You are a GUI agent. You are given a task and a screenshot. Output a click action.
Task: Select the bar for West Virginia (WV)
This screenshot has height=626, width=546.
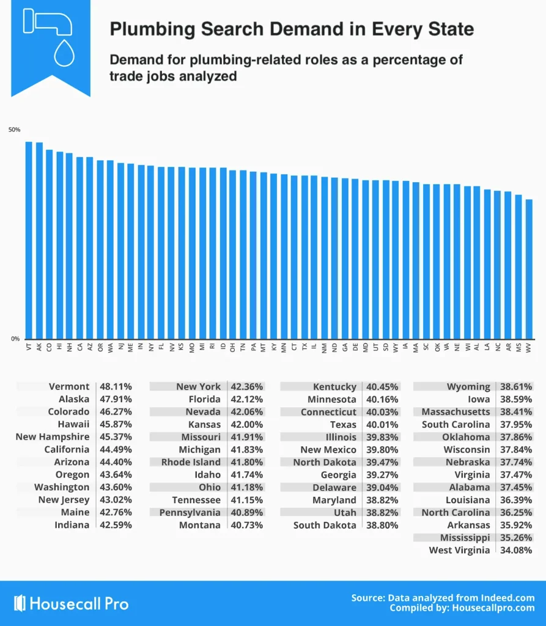pos(529,268)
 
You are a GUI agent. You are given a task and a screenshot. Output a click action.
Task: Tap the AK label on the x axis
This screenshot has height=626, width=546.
pos(39,347)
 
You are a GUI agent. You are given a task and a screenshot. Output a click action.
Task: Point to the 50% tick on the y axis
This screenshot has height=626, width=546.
pos(14,130)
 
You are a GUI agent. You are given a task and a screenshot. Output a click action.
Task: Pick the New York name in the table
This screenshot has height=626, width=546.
pos(199,386)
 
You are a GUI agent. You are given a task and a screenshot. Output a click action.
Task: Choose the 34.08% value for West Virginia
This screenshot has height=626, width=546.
pos(515,550)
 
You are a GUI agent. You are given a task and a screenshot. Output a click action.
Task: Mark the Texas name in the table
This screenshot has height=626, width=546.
pos(343,424)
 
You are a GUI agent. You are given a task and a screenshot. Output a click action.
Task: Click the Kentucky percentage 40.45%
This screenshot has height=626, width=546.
pos(382,386)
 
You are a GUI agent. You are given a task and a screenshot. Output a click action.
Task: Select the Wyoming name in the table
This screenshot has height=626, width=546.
pos(468,386)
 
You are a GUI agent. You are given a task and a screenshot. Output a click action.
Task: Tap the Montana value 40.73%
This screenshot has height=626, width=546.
pos(247,525)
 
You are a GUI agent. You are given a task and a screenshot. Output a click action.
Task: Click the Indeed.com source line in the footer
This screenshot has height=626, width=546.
pos(443,597)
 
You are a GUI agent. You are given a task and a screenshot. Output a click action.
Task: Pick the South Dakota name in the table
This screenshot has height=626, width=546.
pos(325,525)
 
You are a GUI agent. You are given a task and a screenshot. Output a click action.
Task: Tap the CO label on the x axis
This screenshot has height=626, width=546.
pos(49,347)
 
